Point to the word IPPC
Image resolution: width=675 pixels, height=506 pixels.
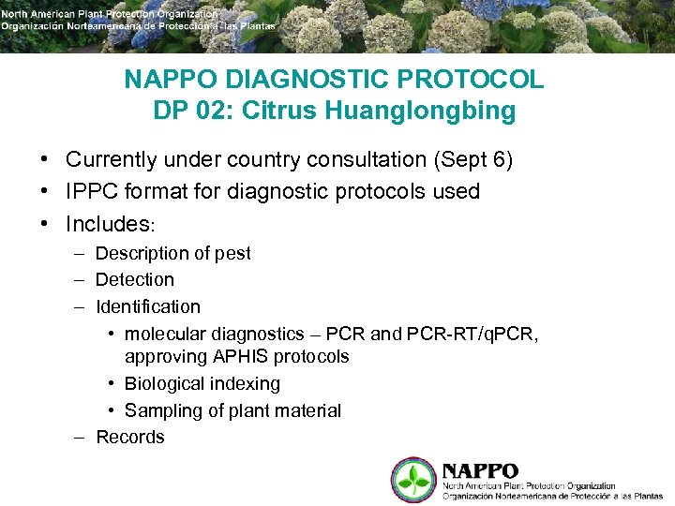(x=93, y=192)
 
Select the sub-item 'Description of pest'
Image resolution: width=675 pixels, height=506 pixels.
(x=173, y=253)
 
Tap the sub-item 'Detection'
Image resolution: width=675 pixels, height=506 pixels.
(x=135, y=279)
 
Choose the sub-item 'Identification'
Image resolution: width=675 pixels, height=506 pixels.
(x=148, y=306)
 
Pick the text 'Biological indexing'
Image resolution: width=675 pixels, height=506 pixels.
(x=202, y=383)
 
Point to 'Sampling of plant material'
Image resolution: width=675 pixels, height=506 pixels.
(x=232, y=410)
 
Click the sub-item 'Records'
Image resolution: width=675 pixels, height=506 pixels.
(x=130, y=437)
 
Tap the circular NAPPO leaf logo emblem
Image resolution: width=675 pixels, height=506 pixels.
(x=413, y=479)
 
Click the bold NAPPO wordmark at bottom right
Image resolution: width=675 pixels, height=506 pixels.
(x=480, y=470)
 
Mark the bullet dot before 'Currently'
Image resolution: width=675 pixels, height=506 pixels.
(x=44, y=160)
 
